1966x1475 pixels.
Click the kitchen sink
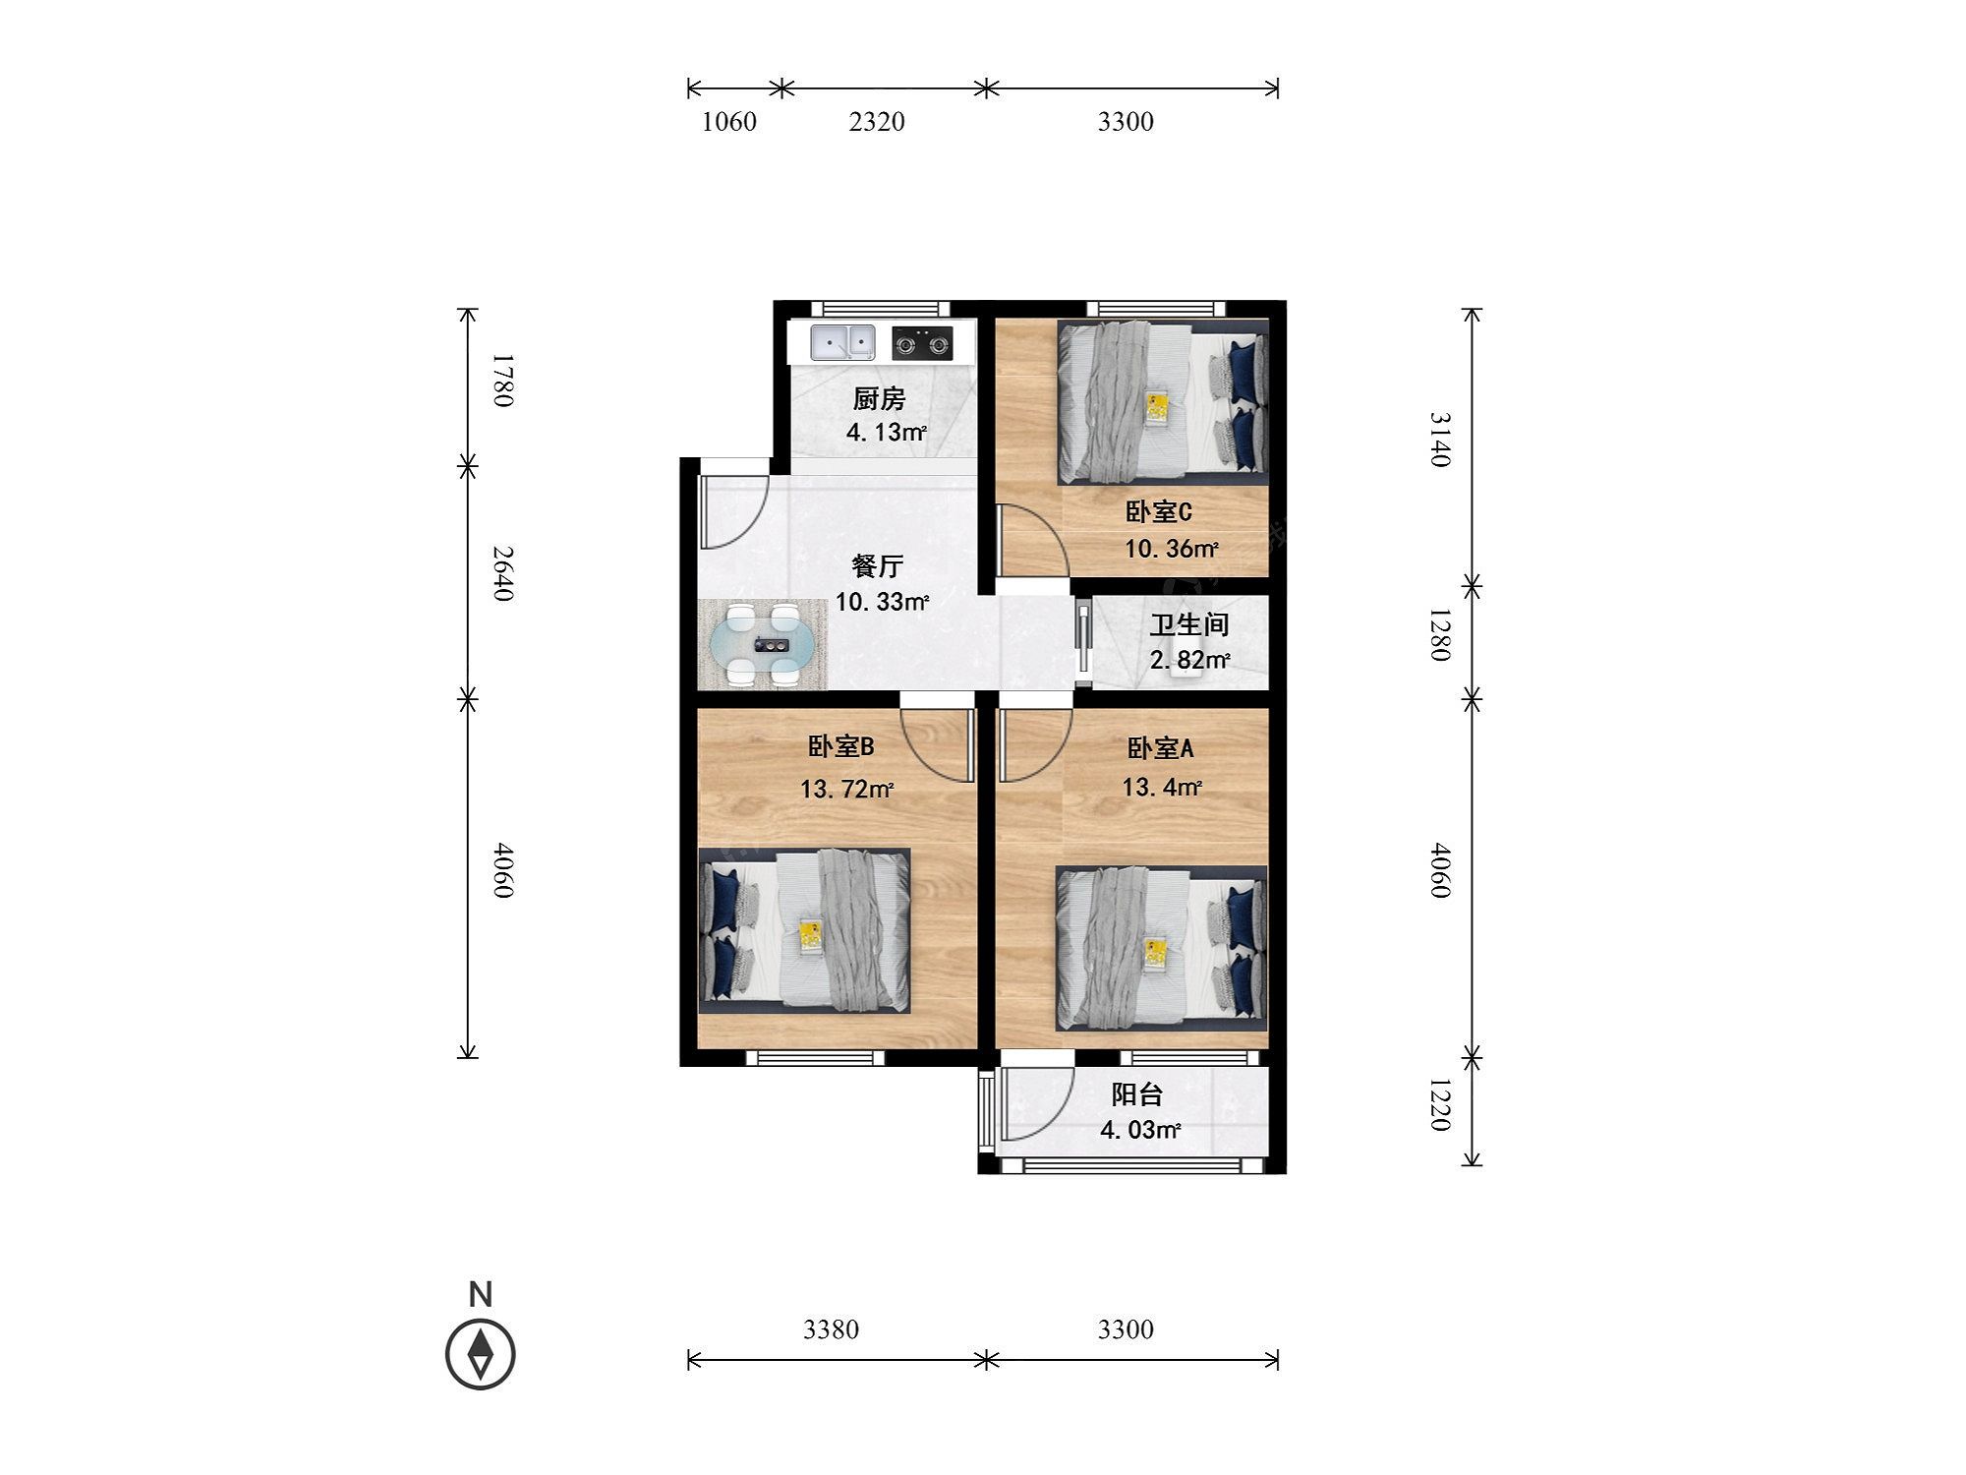click(x=842, y=343)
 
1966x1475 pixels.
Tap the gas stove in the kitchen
click(x=922, y=343)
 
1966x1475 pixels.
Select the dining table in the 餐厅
click(x=763, y=645)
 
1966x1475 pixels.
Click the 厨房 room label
click(x=879, y=399)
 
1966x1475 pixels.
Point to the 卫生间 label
click(x=1189, y=624)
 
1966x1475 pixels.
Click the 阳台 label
click(x=1137, y=1094)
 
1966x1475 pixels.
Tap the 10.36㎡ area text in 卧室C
click(x=1172, y=549)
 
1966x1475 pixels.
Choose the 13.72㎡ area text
click(x=846, y=789)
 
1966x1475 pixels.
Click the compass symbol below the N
click(x=481, y=1354)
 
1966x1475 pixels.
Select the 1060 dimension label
click(x=729, y=122)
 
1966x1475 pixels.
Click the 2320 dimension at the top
click(x=877, y=122)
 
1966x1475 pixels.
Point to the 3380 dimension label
click(x=832, y=1329)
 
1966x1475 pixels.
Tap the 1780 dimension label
click(x=502, y=380)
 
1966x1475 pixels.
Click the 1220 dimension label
click(x=1439, y=1104)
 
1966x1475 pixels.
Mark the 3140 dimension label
click(x=1439, y=439)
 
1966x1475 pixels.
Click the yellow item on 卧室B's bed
click(x=810, y=934)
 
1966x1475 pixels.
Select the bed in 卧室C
click(x=1163, y=402)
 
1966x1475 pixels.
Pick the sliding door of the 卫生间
click(x=1082, y=644)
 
